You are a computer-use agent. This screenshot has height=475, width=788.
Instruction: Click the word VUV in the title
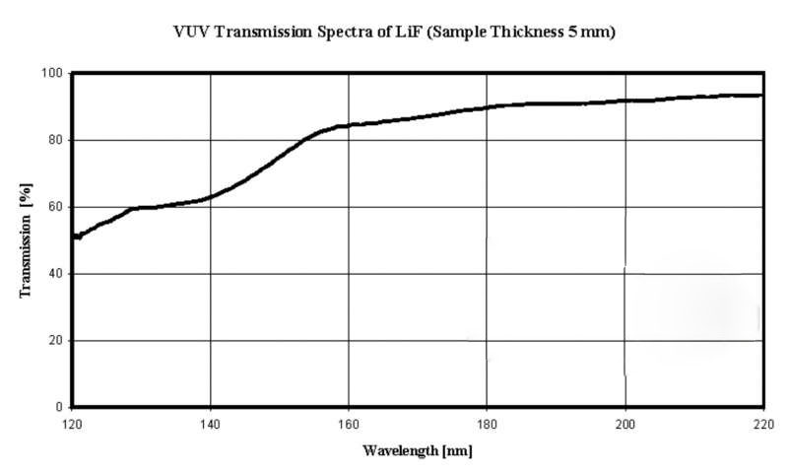point(188,31)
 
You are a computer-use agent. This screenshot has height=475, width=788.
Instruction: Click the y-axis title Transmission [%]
point(28,239)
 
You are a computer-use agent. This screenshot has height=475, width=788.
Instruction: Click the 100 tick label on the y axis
point(52,73)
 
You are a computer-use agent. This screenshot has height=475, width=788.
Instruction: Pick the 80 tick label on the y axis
point(55,140)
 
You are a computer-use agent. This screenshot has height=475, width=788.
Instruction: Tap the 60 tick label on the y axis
point(55,207)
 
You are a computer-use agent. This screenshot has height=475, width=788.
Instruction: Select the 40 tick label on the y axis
point(55,274)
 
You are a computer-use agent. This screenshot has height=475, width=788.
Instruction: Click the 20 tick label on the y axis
point(55,341)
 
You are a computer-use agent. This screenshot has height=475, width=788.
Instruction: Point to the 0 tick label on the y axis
point(59,407)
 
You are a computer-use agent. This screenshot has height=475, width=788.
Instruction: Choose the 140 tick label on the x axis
point(211,423)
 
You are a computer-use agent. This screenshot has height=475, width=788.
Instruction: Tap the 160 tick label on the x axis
point(349,423)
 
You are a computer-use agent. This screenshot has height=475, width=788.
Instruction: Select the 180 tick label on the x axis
point(487,423)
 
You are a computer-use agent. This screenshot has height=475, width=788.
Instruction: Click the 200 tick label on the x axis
point(624,423)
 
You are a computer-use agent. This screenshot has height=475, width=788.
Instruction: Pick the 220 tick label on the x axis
point(762,423)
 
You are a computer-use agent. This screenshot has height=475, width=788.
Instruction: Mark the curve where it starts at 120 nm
point(75,237)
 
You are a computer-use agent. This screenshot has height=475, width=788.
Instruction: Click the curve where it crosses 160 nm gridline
point(349,125)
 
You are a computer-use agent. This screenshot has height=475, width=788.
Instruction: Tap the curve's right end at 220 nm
point(761,96)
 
